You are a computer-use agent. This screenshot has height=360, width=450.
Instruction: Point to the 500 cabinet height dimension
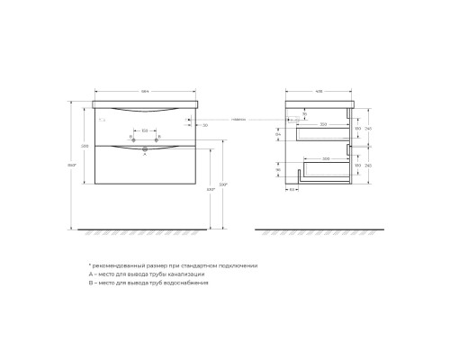point(85,146)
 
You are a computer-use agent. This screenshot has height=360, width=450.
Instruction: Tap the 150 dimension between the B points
point(144,130)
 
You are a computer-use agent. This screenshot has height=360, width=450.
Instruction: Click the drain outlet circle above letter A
point(144,148)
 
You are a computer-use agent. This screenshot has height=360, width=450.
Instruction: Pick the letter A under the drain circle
point(144,155)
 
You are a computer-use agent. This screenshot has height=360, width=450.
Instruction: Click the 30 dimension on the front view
point(205,124)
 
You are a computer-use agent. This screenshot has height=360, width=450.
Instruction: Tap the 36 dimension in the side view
point(304,112)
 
